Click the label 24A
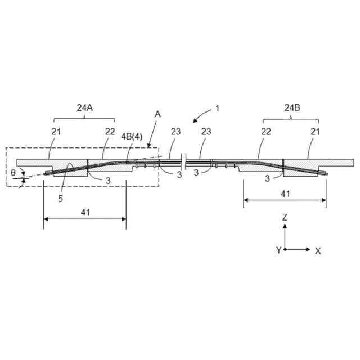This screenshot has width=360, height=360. (84, 107)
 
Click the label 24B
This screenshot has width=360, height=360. (292, 107)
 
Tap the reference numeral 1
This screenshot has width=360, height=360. (217, 107)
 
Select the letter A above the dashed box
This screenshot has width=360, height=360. (157, 114)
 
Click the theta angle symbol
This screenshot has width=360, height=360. (13, 173)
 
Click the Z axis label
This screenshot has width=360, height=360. (285, 217)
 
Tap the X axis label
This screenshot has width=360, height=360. (318, 251)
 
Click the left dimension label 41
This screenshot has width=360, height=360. (85, 213)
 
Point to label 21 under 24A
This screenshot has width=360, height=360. (56, 132)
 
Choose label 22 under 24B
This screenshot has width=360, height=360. (266, 132)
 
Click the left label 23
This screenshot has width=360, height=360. (176, 132)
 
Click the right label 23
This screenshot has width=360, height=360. (206, 132)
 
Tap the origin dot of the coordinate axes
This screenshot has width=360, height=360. (285, 249)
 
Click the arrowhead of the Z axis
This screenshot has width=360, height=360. (285, 226)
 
